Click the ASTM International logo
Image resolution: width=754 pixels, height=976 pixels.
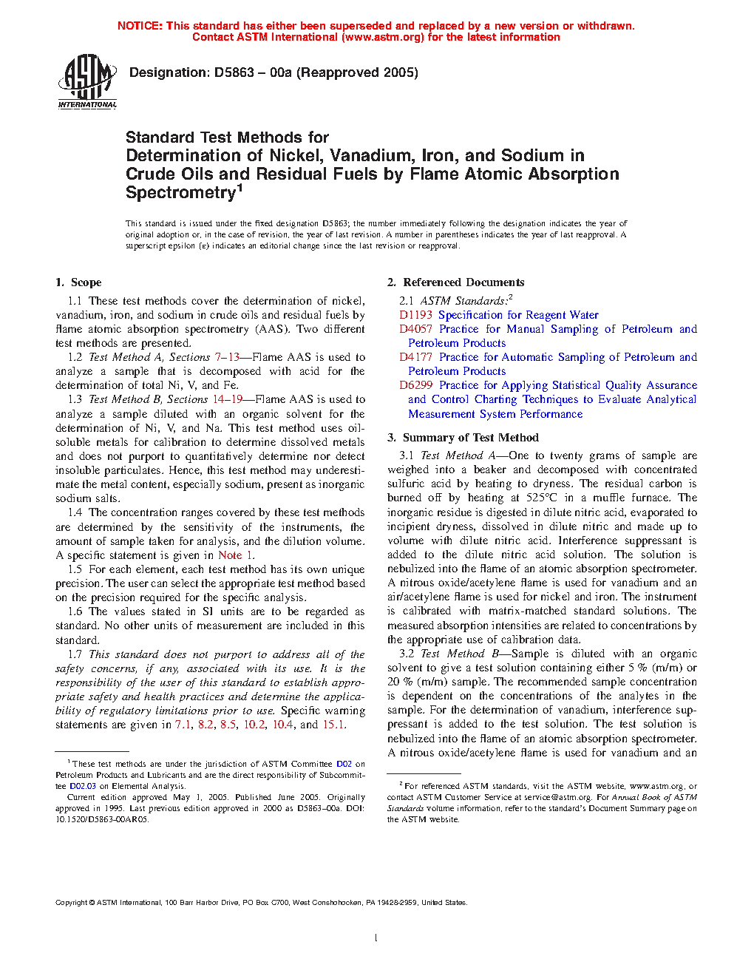(x=87, y=82)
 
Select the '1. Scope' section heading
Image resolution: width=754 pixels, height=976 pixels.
(x=78, y=282)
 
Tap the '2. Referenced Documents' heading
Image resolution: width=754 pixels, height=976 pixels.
(x=455, y=282)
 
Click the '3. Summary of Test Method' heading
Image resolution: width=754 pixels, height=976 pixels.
(x=463, y=438)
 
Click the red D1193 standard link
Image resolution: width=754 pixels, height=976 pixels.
(x=415, y=315)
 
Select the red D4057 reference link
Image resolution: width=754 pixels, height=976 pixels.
(x=415, y=329)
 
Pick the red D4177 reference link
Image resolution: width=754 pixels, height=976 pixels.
(x=415, y=357)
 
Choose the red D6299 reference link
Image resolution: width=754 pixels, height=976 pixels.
(x=415, y=385)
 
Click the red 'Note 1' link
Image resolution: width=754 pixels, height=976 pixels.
(x=236, y=555)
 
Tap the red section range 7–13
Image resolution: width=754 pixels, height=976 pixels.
(x=227, y=357)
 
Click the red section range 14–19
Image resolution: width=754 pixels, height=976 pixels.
(x=228, y=399)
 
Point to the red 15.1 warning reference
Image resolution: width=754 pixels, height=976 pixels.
(x=333, y=725)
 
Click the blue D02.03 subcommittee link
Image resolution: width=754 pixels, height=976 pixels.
(x=83, y=786)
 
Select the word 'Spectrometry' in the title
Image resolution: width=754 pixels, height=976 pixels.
(x=180, y=193)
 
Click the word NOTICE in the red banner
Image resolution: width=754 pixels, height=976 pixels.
(x=140, y=26)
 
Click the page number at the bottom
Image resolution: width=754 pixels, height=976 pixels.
(x=376, y=938)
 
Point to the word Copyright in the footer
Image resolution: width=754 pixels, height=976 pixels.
(x=72, y=902)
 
